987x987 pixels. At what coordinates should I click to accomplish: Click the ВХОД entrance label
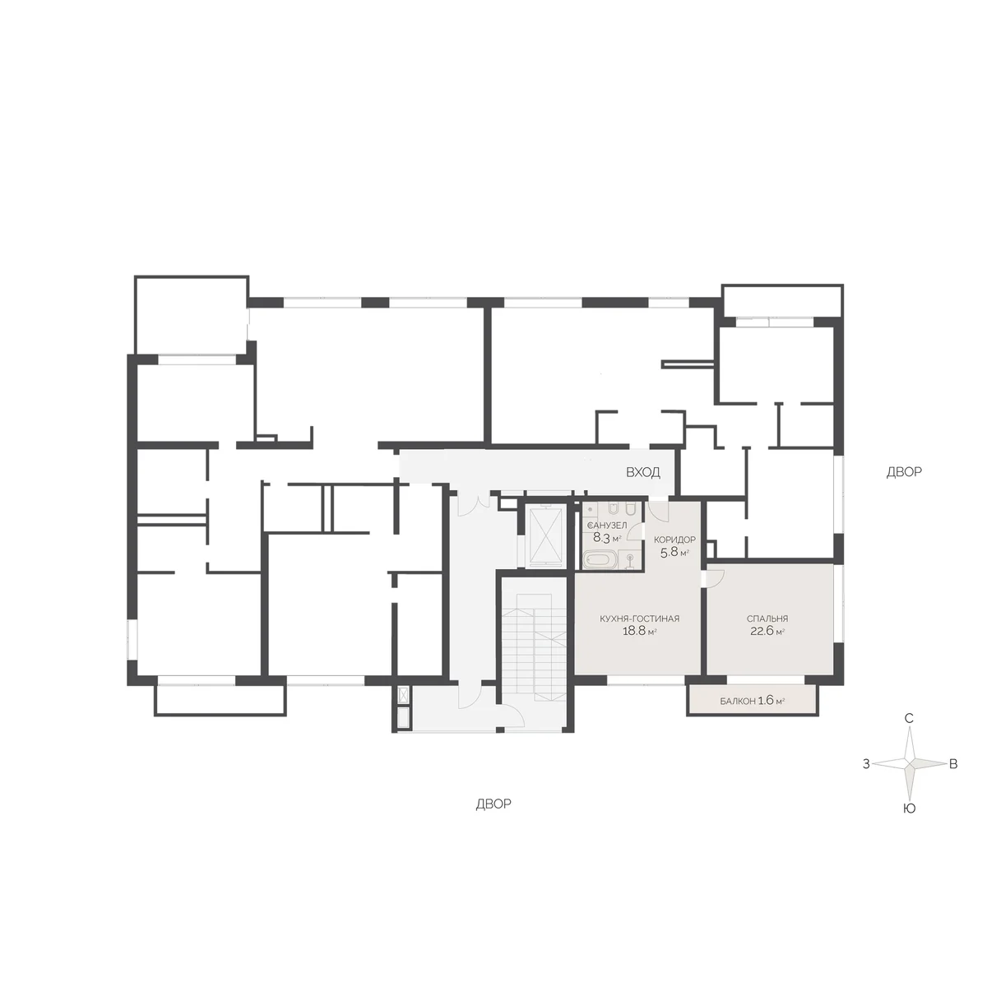click(643, 472)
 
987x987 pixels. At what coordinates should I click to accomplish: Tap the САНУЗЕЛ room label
click(608, 526)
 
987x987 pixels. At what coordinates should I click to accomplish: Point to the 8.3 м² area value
click(607, 537)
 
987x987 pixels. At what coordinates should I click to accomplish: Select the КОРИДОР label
click(674, 540)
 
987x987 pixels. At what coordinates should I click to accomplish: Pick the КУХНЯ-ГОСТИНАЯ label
click(639, 619)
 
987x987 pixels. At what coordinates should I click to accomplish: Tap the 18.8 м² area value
click(639, 631)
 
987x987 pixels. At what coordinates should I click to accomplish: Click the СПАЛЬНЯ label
click(767, 619)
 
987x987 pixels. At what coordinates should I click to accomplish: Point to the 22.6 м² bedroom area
click(767, 631)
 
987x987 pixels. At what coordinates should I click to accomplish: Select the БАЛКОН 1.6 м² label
click(753, 701)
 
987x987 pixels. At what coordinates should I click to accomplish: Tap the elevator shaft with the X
click(545, 535)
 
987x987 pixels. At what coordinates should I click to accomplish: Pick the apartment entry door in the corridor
click(659, 508)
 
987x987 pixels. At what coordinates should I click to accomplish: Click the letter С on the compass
click(909, 718)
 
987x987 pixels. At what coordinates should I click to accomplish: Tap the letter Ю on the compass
click(909, 809)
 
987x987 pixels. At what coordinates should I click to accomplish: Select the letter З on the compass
click(866, 764)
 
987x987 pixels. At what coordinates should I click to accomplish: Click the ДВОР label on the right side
click(904, 472)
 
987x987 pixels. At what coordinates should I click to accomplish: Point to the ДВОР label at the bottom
click(493, 804)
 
